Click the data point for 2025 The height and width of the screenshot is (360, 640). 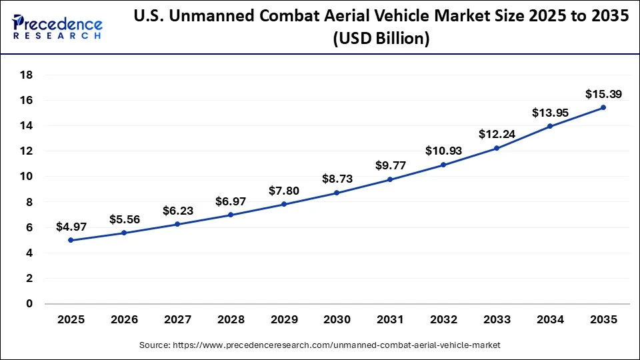(71, 240)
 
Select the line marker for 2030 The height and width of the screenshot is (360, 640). (337, 193)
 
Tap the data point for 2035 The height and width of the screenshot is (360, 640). (603, 107)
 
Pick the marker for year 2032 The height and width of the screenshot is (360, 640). (443, 165)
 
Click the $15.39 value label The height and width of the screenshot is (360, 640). (603, 94)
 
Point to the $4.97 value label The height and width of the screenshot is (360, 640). (71, 227)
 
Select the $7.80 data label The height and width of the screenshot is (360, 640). (283, 191)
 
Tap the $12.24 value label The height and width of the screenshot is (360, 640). (496, 134)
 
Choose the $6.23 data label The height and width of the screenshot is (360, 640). (177, 211)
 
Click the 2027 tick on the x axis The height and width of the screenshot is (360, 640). (177, 319)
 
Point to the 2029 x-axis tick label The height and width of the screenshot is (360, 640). (283, 319)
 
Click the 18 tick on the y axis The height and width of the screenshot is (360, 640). (27, 75)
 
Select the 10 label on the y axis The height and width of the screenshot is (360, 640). (27, 177)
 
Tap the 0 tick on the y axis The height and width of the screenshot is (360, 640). (29, 304)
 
